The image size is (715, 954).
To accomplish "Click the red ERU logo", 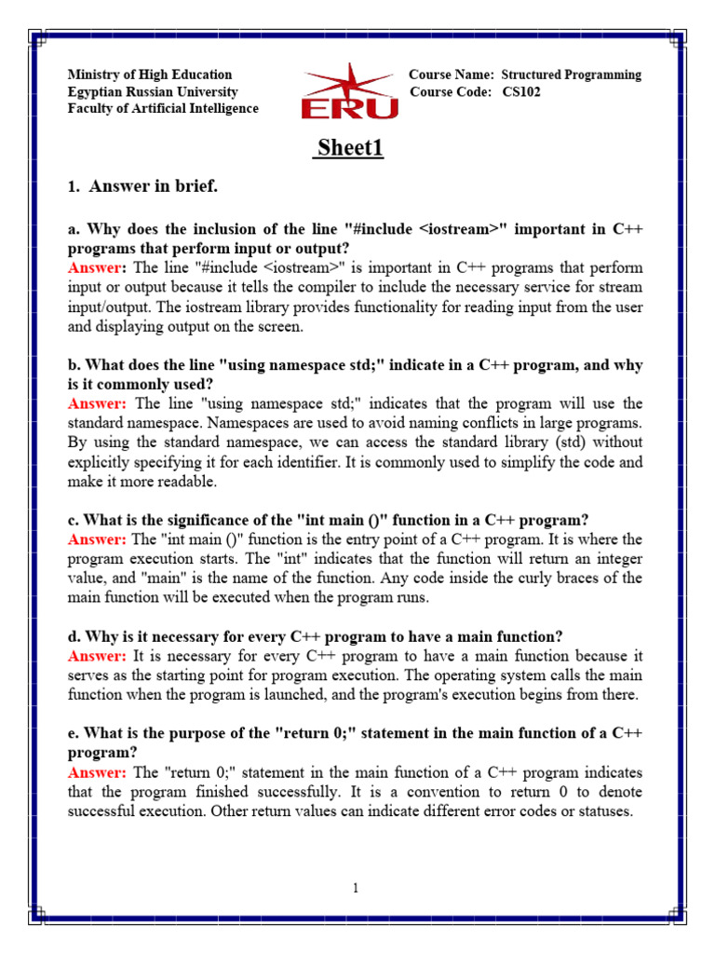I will [349, 93].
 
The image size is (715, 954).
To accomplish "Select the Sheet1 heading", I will [350, 148].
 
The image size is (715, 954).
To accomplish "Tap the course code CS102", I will [521, 92].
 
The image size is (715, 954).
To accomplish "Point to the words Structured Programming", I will [571, 75].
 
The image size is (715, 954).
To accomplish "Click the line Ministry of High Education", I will [150, 75].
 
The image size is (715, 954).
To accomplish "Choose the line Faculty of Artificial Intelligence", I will [163, 109].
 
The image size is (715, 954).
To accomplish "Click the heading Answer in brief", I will [153, 187].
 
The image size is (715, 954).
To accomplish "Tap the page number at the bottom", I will [356, 889].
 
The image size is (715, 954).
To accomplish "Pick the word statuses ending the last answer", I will [607, 811].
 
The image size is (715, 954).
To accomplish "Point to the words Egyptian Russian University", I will [153, 92].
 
